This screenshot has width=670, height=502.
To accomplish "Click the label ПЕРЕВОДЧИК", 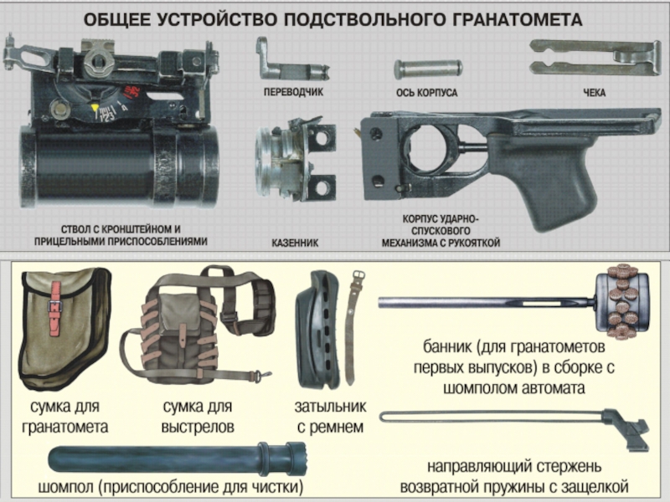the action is pos(293,92).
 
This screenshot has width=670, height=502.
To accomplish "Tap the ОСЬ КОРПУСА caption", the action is pos(426,93).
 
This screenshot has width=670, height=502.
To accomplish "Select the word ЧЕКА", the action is pos(594,93).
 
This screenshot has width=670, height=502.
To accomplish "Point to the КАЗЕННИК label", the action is pos(295,243).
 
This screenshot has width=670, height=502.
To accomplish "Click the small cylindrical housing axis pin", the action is pos(428,69).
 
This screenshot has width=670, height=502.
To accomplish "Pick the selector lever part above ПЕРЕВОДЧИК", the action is pos(292,60).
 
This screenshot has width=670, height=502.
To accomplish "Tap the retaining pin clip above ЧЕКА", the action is pos(595,57).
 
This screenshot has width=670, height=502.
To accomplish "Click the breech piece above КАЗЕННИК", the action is pos(296,159).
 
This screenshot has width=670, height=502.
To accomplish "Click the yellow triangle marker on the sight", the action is pos(95,107).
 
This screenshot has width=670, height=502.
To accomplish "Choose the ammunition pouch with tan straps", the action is pos(198,325).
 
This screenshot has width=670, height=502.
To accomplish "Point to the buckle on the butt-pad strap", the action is pos(358,275).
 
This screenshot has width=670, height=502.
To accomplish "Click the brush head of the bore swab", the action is pos(622,302).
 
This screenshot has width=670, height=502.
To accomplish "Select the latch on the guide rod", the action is pos(626,430).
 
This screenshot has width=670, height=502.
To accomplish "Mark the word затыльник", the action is pos(330,407).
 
